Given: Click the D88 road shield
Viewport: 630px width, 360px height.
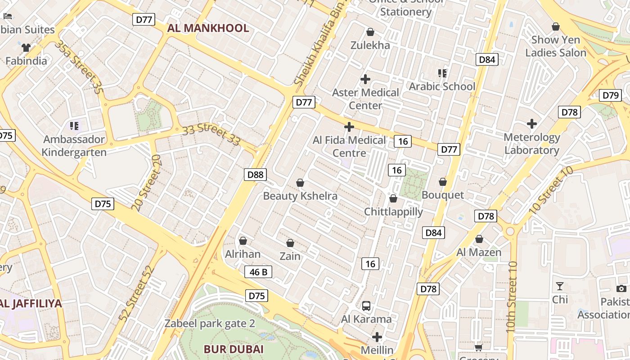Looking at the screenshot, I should [255, 175].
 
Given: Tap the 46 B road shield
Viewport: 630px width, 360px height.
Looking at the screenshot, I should [258, 272].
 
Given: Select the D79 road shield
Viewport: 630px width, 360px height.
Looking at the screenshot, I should [611, 95].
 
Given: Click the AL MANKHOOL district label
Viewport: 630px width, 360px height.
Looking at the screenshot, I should [208, 28].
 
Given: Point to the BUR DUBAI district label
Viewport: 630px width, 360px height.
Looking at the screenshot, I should [234, 349].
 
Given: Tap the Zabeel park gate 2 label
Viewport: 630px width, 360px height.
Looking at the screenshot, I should [210, 324].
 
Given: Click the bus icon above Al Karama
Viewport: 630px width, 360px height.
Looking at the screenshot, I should [366, 306].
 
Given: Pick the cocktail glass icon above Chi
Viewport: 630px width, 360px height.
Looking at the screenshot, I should [559, 286].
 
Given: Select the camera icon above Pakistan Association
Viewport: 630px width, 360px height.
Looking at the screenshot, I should [621, 288].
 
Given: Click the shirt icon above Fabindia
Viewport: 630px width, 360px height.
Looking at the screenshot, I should [26, 47].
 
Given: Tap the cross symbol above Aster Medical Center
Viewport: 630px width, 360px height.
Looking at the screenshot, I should [365, 79].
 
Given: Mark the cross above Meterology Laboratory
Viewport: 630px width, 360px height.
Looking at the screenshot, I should [532, 123].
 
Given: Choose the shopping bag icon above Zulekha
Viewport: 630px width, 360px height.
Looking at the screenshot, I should [370, 32].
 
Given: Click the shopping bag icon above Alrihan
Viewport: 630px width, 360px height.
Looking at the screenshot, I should [243, 241].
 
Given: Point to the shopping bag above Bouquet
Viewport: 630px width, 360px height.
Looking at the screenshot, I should [443, 182].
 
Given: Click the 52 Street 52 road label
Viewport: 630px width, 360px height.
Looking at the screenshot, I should [137, 293].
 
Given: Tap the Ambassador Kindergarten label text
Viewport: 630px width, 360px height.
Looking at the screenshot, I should [74, 146].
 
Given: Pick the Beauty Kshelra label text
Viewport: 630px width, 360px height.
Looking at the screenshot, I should [300, 196].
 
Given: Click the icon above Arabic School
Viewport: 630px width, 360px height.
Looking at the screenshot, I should [442, 73].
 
